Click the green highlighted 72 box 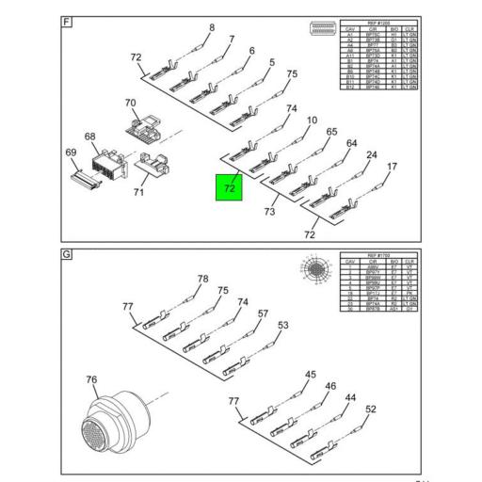click(x=230, y=188)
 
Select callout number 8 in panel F click(x=212, y=27)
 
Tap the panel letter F click(x=65, y=21)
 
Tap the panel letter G click(x=65, y=255)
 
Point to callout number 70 click(x=131, y=103)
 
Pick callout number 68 click(x=90, y=137)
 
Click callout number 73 click(x=269, y=212)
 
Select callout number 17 click(x=392, y=168)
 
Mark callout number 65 click(x=331, y=133)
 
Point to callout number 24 click(x=371, y=155)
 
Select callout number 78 click(x=201, y=279)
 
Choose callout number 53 click(x=281, y=326)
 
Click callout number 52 click(x=370, y=410)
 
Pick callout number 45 click(x=310, y=375)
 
